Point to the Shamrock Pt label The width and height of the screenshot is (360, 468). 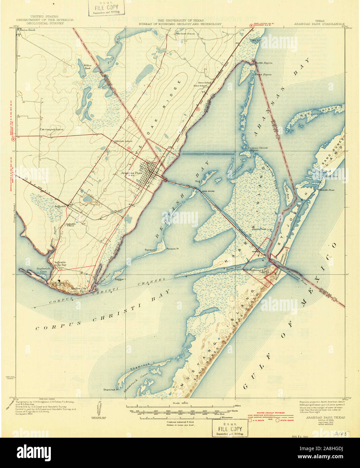coord(111,389)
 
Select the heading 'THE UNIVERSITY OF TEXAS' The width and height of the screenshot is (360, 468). coord(180,20)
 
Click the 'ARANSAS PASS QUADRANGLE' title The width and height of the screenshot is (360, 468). coord(319,24)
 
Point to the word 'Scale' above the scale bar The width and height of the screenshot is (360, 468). coord(176,403)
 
